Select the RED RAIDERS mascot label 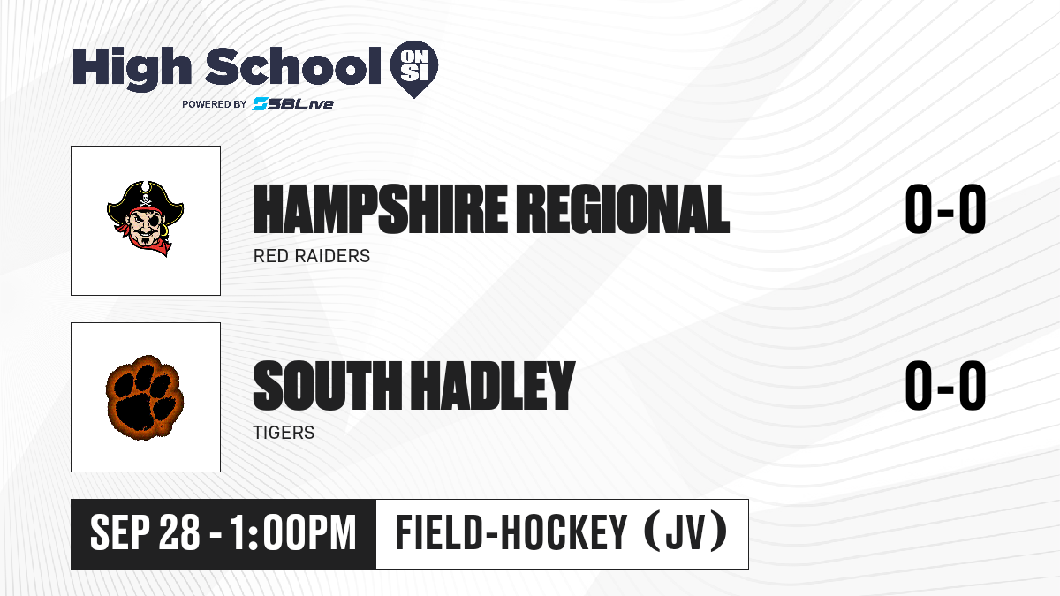click(x=311, y=256)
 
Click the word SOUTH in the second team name click(x=327, y=386)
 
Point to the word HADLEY click(x=493, y=386)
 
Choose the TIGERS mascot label click(x=284, y=433)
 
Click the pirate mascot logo click(x=145, y=219)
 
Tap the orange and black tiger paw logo click(x=144, y=397)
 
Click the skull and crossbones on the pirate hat click(x=146, y=202)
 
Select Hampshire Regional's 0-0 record click(x=945, y=209)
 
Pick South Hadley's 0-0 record click(x=945, y=386)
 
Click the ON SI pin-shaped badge click(x=414, y=69)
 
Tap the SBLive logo click(x=293, y=103)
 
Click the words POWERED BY click(x=214, y=104)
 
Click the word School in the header click(x=293, y=66)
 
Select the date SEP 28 click(x=145, y=533)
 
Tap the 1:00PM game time click(x=293, y=533)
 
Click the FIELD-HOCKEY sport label click(x=511, y=533)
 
